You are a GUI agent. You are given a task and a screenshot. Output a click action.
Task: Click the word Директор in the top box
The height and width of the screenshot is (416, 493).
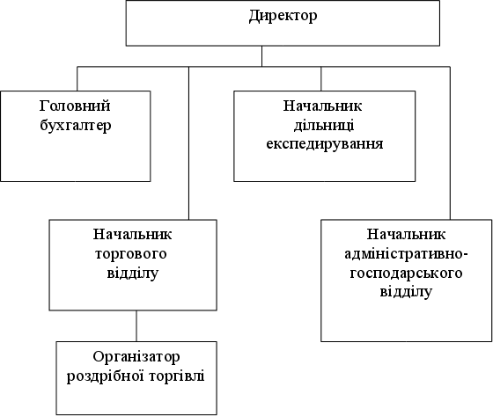283,16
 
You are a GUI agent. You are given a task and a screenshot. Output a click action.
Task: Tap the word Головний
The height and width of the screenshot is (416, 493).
75,106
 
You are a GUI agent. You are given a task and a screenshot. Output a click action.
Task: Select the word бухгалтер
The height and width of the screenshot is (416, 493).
76,126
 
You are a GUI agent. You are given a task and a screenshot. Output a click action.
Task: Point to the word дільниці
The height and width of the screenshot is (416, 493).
324,126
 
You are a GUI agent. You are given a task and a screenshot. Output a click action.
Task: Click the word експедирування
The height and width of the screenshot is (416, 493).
325,144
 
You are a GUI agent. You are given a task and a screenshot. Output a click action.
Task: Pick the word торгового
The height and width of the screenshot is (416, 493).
130,254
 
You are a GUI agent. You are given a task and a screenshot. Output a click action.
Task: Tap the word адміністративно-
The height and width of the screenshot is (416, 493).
406,254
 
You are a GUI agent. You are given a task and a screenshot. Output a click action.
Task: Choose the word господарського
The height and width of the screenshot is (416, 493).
406,274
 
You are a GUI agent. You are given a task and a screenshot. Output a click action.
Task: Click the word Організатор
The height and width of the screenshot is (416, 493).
136,357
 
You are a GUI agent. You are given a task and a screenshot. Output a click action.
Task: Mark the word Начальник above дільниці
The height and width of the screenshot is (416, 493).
322,106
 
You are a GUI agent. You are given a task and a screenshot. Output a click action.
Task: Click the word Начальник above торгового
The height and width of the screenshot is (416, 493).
132,235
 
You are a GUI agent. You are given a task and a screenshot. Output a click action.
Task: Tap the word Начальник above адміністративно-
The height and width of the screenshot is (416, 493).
406,235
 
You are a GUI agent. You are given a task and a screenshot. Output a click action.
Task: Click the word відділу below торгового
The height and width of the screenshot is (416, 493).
132,273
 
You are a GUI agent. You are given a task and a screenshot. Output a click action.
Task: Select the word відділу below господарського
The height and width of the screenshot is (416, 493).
406,292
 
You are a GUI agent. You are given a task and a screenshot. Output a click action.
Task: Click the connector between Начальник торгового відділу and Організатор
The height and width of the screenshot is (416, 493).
136,325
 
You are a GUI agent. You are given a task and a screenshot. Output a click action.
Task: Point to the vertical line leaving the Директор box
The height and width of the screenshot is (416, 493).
262,56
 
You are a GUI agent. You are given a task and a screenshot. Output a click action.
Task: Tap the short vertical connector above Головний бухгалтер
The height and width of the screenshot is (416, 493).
77,79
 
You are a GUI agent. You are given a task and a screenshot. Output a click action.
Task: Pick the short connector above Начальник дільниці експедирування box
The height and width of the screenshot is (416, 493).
321,79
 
